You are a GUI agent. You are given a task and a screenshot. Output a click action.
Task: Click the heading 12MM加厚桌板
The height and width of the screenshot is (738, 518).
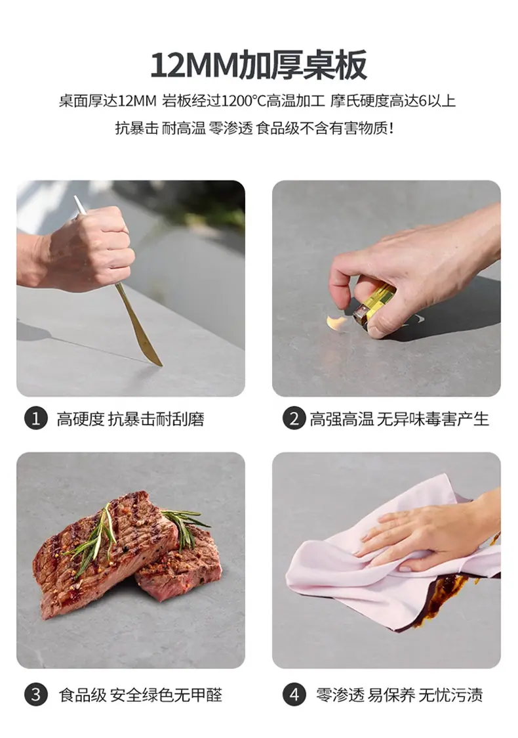(259, 64)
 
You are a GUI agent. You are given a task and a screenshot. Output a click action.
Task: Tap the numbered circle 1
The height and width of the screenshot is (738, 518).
(35, 418)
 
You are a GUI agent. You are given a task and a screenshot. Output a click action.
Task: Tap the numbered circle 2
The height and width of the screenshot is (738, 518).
(294, 418)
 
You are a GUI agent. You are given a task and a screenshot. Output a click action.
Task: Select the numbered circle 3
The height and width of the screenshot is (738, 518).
(35, 695)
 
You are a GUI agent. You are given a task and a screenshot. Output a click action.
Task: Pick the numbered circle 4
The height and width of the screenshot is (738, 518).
(294, 695)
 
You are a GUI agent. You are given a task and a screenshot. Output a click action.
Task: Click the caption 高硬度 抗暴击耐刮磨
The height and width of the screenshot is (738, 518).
(130, 419)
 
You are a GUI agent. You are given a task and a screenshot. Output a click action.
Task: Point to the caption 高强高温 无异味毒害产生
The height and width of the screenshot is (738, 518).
(399, 419)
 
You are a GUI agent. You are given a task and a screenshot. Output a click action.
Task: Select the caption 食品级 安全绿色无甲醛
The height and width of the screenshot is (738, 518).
(140, 695)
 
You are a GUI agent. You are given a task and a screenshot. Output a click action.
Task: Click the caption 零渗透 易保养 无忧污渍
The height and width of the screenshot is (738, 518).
(399, 695)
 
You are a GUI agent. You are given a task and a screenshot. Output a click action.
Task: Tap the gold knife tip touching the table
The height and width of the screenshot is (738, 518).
(160, 364)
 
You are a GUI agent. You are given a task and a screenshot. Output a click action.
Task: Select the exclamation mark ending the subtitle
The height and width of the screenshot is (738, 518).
(391, 128)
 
